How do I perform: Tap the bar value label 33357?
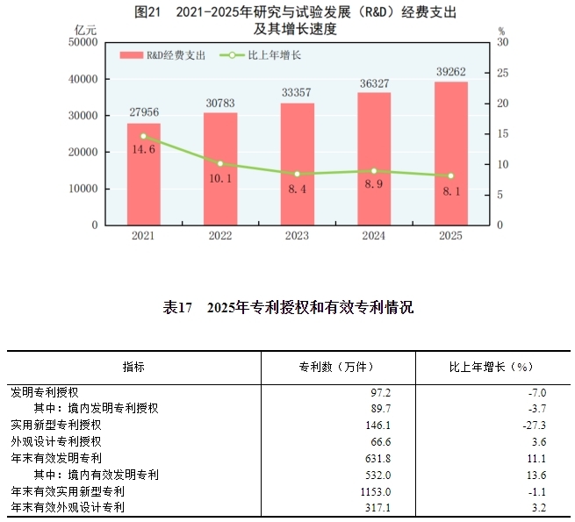point(297,92)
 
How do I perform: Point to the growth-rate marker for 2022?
point(220,163)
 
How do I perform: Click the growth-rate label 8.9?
point(374,186)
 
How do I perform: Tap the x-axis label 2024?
point(374,236)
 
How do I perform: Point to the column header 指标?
point(134,367)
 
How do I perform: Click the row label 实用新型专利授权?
point(56,425)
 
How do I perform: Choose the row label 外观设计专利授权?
point(56,441)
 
